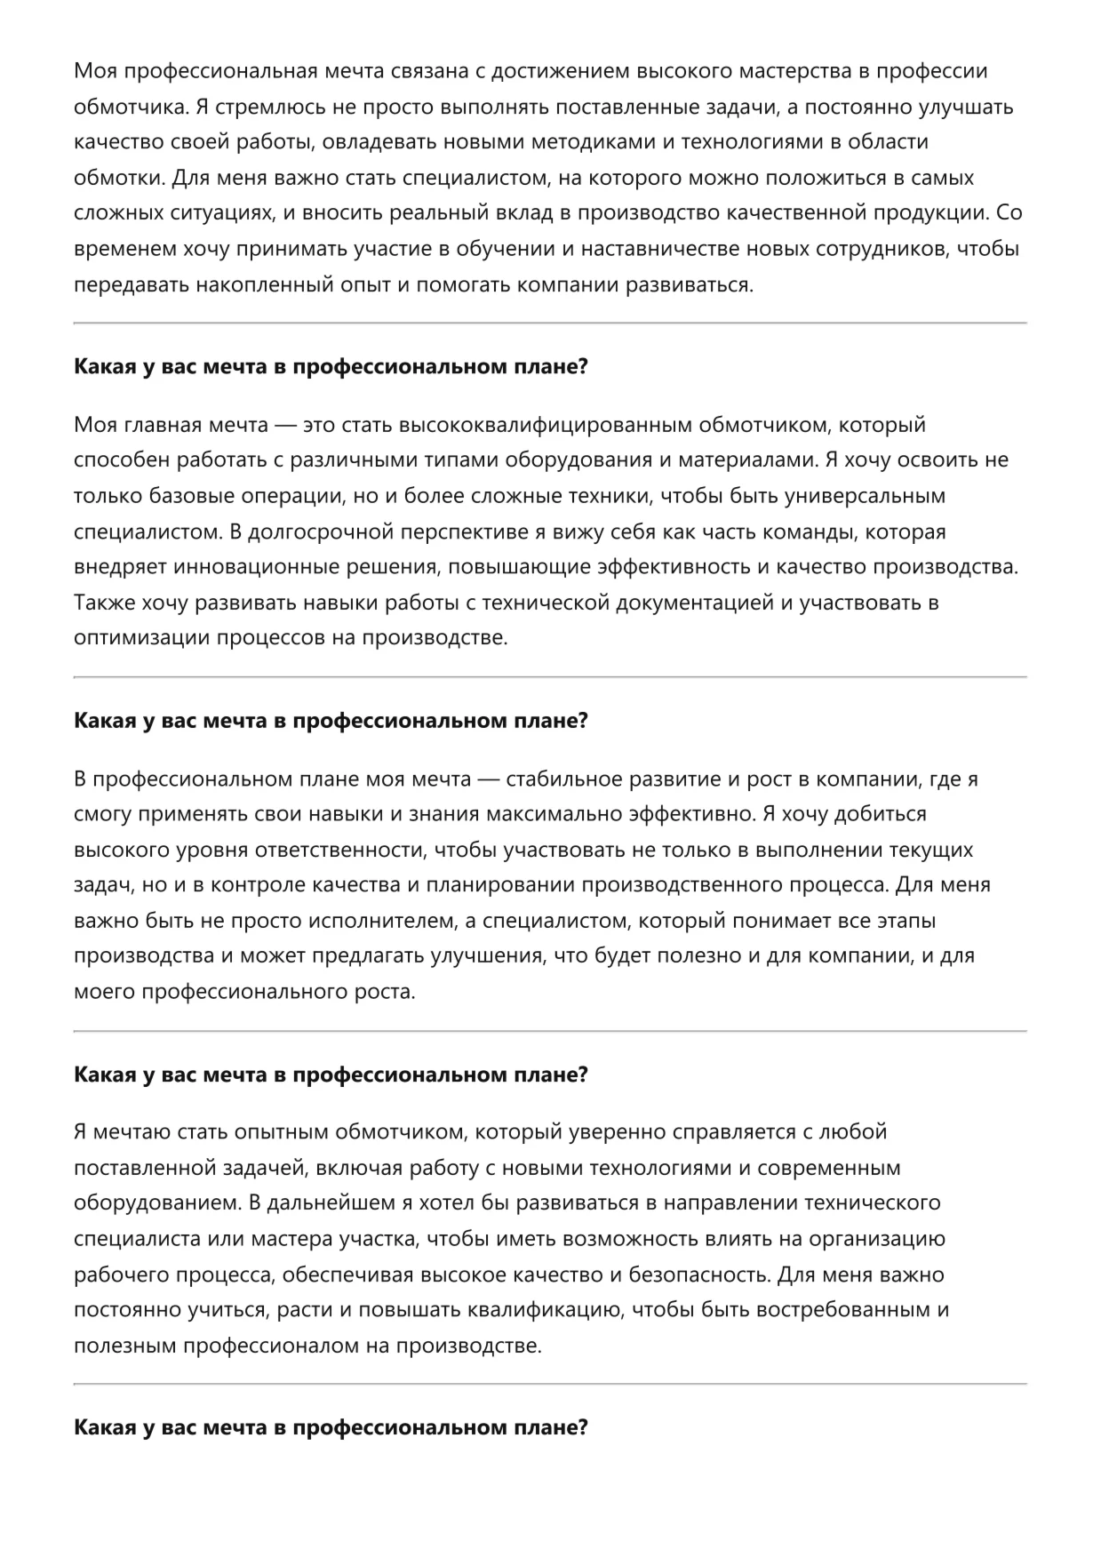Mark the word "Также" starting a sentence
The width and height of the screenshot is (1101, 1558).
point(100,603)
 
